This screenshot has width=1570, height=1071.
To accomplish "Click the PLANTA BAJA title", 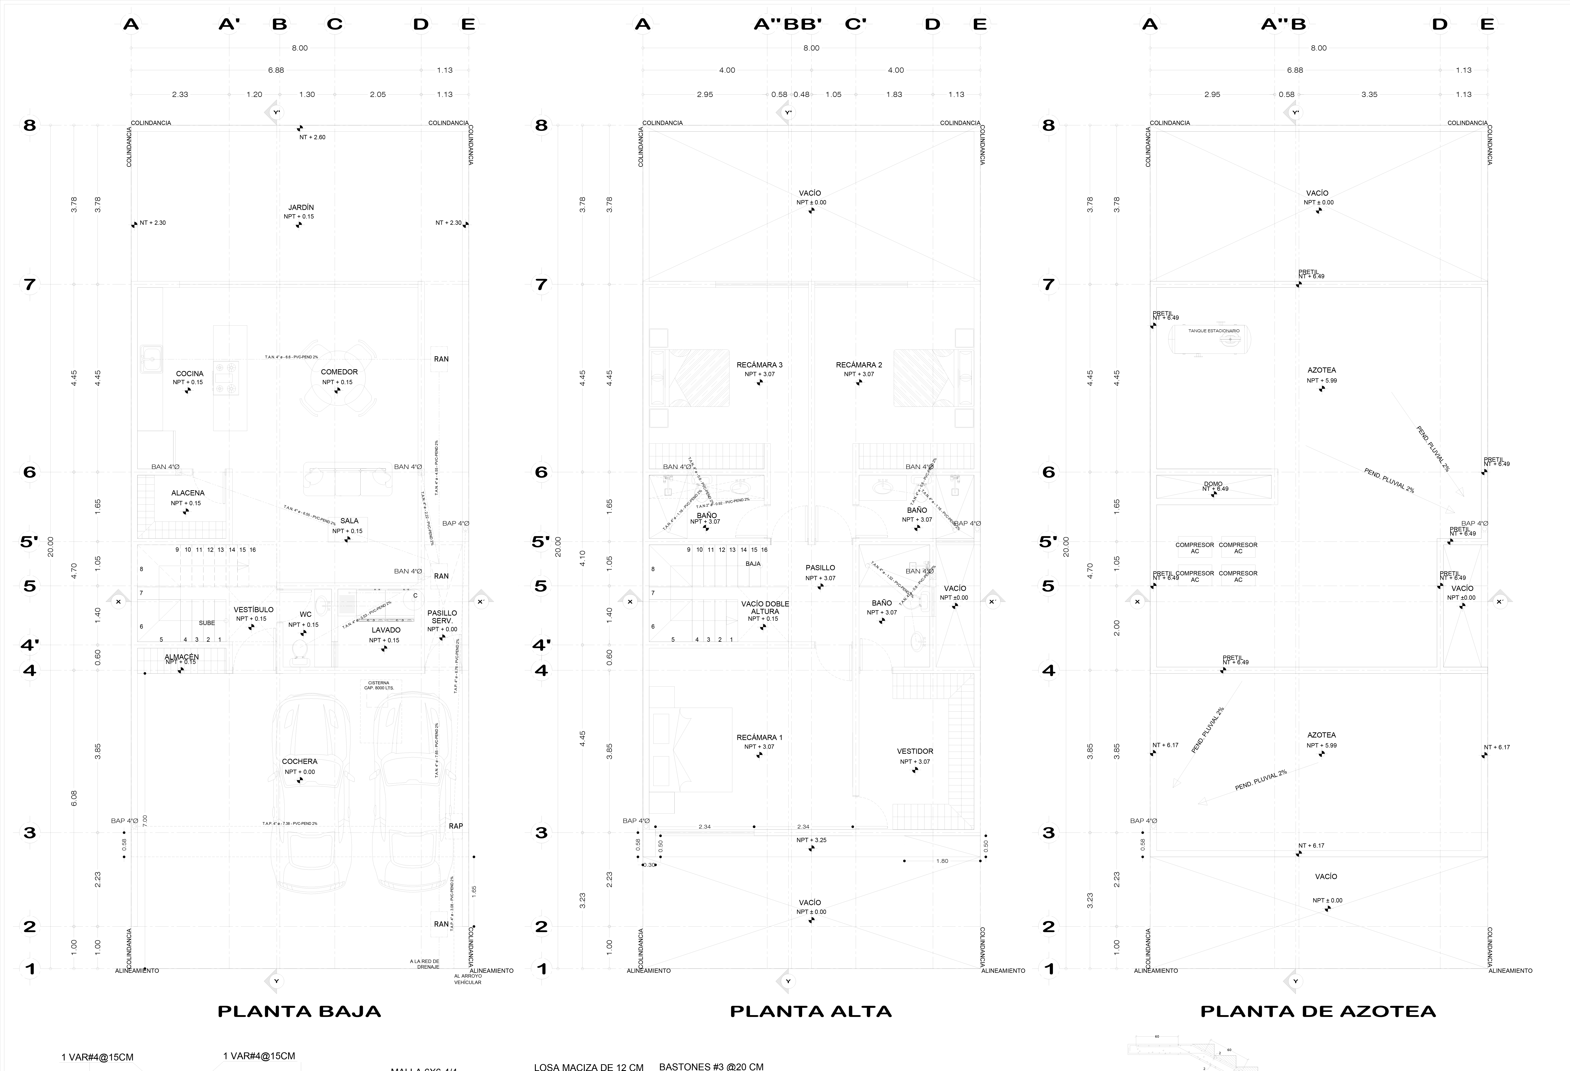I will coord(299,1012).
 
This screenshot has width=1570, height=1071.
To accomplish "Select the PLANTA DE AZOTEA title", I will coord(1318,1012).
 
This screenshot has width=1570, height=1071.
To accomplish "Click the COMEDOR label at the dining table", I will coord(339,372).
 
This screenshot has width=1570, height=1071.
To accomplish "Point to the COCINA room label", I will coord(189,373).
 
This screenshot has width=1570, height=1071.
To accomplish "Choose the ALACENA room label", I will coord(188,493).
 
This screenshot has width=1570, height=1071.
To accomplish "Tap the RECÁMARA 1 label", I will coord(759,737).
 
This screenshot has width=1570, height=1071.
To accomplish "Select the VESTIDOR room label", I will coord(915,751).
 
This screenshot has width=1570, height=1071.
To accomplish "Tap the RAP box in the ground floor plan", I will coord(456,826).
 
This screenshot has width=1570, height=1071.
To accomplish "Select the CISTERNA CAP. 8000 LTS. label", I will coord(379,685).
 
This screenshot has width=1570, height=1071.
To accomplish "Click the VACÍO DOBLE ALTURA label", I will coord(765,608).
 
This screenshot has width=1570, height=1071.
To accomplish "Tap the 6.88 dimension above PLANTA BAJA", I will coord(276,70).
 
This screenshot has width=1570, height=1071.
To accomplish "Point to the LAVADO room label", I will coord(386,630).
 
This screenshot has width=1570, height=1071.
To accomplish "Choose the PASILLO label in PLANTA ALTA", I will coord(820,568).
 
